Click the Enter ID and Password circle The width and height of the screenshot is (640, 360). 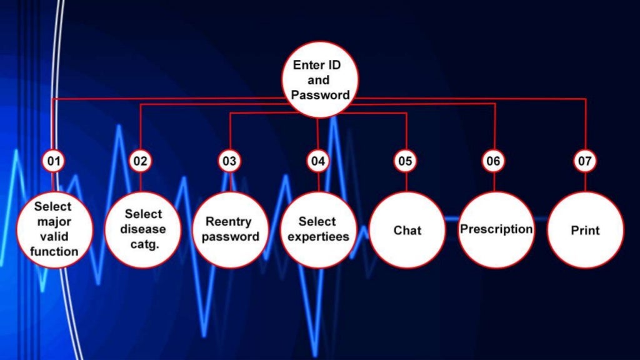click(320, 79)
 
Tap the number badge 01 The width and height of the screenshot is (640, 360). click(54, 161)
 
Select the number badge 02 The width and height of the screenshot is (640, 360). click(141, 161)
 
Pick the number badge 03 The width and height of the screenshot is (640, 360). click(229, 161)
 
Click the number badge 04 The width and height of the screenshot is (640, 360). click(318, 161)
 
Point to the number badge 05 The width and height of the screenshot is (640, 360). click(405, 161)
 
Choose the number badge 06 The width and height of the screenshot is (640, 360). click(493, 161)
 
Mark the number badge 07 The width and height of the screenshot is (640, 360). click(585, 161)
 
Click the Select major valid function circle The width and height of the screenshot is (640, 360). click(55, 230)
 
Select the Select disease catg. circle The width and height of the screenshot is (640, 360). click(143, 230)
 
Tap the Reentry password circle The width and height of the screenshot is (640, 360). click(231, 230)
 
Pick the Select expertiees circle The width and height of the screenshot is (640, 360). click(318, 230)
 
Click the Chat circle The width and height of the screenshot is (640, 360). click(407, 230)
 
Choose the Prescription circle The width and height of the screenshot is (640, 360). click(496, 230)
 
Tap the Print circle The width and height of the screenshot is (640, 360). click(585, 230)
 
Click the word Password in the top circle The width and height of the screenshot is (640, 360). click(321, 95)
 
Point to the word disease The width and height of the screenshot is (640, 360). click(143, 229)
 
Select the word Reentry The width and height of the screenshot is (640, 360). click(229, 222)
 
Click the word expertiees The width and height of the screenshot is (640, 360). click(318, 237)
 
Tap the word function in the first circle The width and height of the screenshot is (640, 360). click(54, 251)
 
